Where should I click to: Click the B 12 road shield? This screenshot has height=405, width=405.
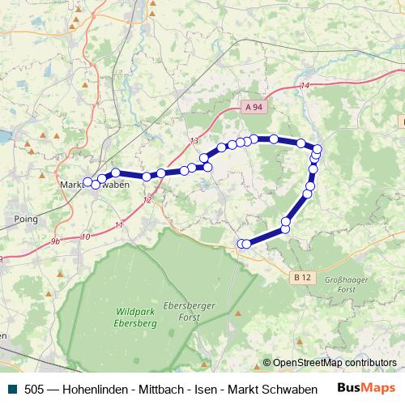coord(302,277)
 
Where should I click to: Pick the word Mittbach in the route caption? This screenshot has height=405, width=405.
coord(162,389)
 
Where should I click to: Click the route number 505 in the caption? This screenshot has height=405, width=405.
coord(35,389)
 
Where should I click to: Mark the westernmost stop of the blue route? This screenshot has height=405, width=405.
coord(87,181)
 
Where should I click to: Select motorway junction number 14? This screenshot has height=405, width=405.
coord(305,86)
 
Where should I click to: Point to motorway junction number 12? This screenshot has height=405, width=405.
coord(147,199)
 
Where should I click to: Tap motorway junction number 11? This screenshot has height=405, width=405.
coord(119,224)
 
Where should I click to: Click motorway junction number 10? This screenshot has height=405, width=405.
coord(86,237)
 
